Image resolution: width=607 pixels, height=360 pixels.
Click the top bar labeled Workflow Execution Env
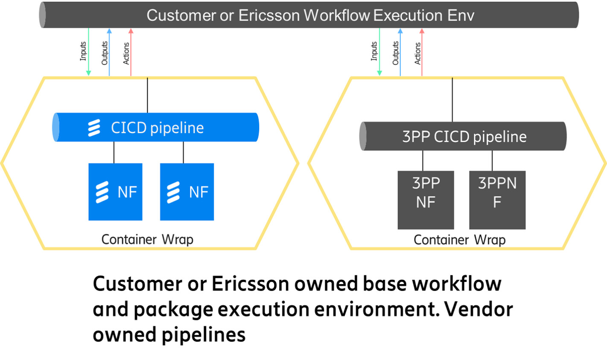[309, 15]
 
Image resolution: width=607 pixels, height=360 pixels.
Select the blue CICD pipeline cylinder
[156, 127]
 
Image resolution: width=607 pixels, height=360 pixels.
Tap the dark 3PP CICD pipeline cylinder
[464, 136]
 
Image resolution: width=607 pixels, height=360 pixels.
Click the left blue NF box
[115, 192]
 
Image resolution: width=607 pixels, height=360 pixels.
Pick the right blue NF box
[187, 192]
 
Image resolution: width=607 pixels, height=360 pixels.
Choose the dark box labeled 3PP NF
[426, 200]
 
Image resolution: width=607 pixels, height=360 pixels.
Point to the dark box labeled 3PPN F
[497, 200]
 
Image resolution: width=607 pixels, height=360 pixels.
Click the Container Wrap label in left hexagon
[147, 239]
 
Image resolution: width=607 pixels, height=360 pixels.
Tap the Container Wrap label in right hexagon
[459, 240]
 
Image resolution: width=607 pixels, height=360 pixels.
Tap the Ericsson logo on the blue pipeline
[94, 128]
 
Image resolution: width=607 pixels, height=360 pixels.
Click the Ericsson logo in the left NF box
[102, 192]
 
